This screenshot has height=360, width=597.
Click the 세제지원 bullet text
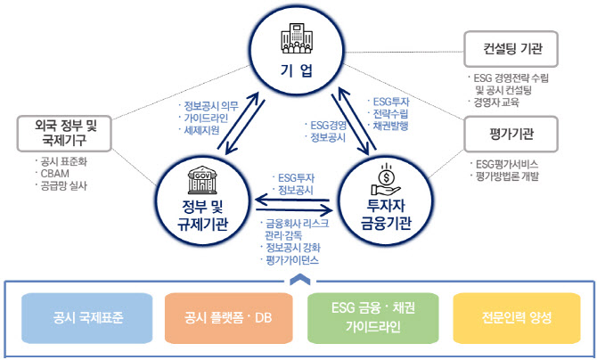click(x=201, y=130)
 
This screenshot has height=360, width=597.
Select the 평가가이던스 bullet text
click(x=291, y=260)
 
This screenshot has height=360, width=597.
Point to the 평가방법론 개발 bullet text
click(x=509, y=176)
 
